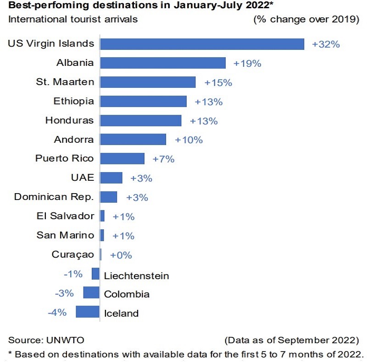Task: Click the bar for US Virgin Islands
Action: pos(202,44)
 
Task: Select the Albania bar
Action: pos(163,63)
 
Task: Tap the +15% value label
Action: pos(218,82)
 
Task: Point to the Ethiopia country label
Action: pos(74,101)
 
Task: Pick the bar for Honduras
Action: pos(141,121)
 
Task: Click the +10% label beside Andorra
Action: pos(189,140)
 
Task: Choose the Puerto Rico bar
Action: pos(122,158)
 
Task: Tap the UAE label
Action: pos(83,178)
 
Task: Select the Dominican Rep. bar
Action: pos(109,197)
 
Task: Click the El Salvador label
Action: pos(65,216)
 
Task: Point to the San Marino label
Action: pos(65,235)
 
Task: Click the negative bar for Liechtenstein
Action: pos(95,274)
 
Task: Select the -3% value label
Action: pos(64,293)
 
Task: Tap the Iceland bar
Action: pos(87,312)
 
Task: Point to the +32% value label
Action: pos(326,44)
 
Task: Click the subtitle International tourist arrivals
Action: pos(72,20)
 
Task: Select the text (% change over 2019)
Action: pos(306,20)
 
